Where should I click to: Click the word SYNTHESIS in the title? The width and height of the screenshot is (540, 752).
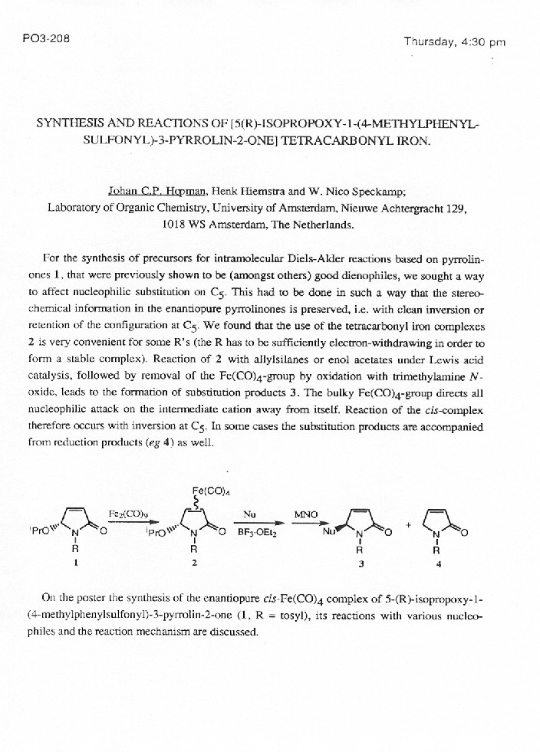pos(72,123)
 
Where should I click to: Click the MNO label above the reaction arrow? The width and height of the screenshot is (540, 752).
pos(306,514)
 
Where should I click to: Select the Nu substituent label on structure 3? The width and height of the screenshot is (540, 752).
pos(329,530)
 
